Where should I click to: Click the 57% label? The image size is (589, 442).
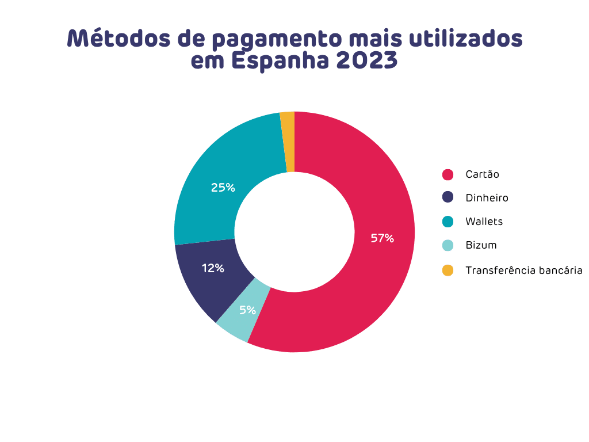(x=382, y=238)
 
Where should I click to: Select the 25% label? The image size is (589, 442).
(x=223, y=187)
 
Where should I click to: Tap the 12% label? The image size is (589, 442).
(x=213, y=268)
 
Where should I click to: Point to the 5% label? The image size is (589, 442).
(x=248, y=310)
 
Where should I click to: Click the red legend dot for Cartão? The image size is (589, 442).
(x=448, y=174)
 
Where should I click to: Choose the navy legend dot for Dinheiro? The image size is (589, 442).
(x=448, y=197)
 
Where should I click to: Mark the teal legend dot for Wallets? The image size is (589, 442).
(x=448, y=222)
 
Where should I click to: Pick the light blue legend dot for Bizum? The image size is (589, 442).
(x=448, y=245)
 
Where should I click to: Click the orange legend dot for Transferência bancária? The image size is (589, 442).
(x=448, y=269)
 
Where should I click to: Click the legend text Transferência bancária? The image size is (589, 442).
(x=524, y=269)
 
